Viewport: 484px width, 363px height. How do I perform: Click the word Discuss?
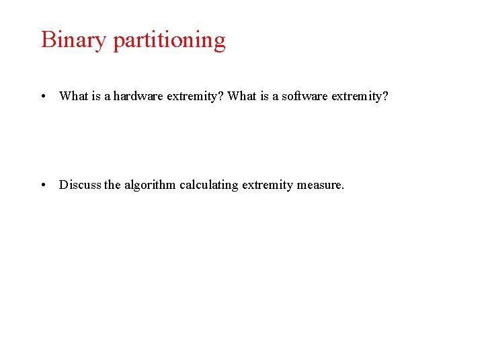pyautogui.click(x=80, y=185)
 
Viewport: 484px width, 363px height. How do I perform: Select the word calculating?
pyautogui.click(x=208, y=185)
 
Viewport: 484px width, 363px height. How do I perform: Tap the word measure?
pyautogui.click(x=319, y=185)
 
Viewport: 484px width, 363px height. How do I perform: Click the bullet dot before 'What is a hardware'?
pyautogui.click(x=43, y=96)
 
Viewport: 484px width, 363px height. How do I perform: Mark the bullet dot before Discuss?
pyautogui.click(x=43, y=185)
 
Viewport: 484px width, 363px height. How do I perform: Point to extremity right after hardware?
pyautogui.click(x=192, y=96)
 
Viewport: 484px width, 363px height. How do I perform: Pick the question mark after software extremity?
pyautogui.click(x=386, y=96)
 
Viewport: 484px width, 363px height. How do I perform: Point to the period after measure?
pyautogui.click(x=342, y=188)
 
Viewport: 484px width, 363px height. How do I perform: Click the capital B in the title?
pyautogui.click(x=48, y=40)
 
